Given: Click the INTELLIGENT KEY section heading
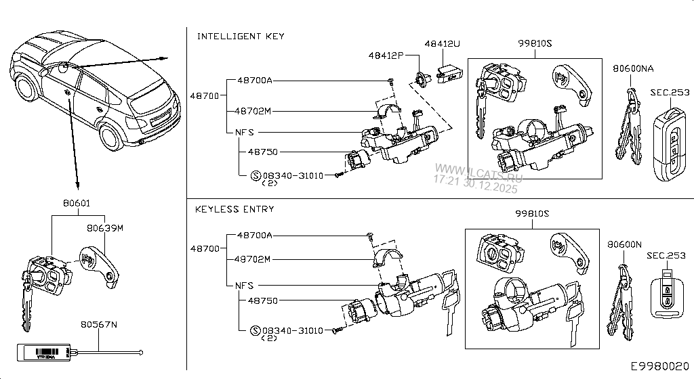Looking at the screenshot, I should tap(241, 36).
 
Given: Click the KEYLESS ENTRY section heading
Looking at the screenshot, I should tap(234, 209).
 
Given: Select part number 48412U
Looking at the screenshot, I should tap(442, 43).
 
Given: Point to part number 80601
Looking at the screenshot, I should tap(77, 202).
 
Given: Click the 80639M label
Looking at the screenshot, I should tap(105, 228).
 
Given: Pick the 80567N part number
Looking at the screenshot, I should tap(99, 325).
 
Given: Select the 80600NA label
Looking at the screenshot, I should tap(633, 68).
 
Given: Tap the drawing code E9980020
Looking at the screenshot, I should tap(660, 366).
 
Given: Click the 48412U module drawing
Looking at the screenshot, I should tap(448, 72).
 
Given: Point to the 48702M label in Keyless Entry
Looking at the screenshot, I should tap(253, 259).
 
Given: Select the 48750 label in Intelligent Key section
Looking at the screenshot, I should tap(263, 152).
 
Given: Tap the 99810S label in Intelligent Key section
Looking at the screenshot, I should tap(535, 43).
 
